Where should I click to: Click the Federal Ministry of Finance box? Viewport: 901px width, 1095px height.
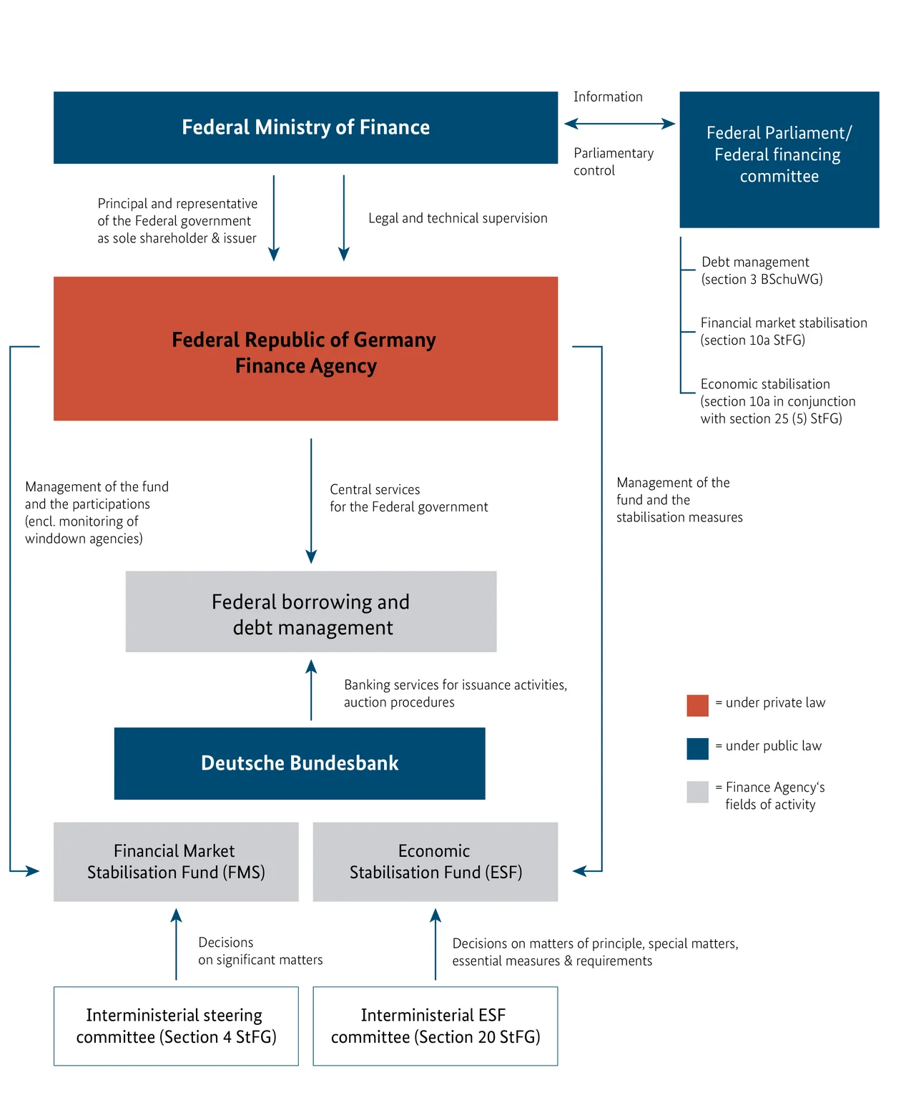click(x=305, y=127)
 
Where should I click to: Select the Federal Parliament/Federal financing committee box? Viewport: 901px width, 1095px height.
click(x=779, y=159)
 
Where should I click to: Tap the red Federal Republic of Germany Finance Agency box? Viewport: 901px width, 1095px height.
click(x=305, y=349)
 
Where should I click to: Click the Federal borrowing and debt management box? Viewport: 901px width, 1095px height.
click(x=310, y=612)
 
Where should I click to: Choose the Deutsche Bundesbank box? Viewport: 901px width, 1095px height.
click(x=300, y=763)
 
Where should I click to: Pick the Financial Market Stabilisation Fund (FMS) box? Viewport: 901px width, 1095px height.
click(x=176, y=862)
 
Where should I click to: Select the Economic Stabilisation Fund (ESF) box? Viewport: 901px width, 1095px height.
click(x=435, y=862)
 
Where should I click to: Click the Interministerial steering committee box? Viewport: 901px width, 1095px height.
click(x=176, y=1026)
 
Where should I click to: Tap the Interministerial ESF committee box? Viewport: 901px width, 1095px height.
click(x=435, y=1026)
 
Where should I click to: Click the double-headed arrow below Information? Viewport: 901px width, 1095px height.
click(x=619, y=124)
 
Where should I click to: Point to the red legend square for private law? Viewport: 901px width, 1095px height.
click(x=697, y=705)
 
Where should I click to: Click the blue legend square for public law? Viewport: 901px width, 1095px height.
click(x=697, y=749)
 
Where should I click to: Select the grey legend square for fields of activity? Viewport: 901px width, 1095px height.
click(x=697, y=792)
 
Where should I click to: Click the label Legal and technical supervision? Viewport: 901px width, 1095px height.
click(x=458, y=218)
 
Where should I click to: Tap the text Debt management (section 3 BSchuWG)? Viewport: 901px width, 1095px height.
click(x=762, y=270)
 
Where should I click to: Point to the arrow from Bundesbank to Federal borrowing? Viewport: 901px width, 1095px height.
click(x=311, y=689)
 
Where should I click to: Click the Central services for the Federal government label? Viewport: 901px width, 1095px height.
click(x=408, y=498)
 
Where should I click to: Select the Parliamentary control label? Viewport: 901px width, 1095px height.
click(x=613, y=162)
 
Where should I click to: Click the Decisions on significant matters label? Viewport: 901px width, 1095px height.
click(x=260, y=951)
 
